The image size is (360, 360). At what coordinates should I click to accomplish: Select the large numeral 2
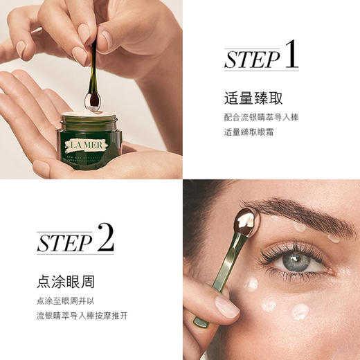[x=105, y=238]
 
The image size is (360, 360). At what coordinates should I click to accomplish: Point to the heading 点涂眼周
[x=65, y=282]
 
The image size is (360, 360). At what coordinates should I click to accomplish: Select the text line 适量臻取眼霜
[x=249, y=132]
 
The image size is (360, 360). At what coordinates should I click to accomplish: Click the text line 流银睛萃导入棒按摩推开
[x=82, y=316]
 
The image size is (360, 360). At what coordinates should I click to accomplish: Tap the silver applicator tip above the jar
[x=93, y=98]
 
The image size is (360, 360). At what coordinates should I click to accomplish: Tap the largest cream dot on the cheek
[x=300, y=312]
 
